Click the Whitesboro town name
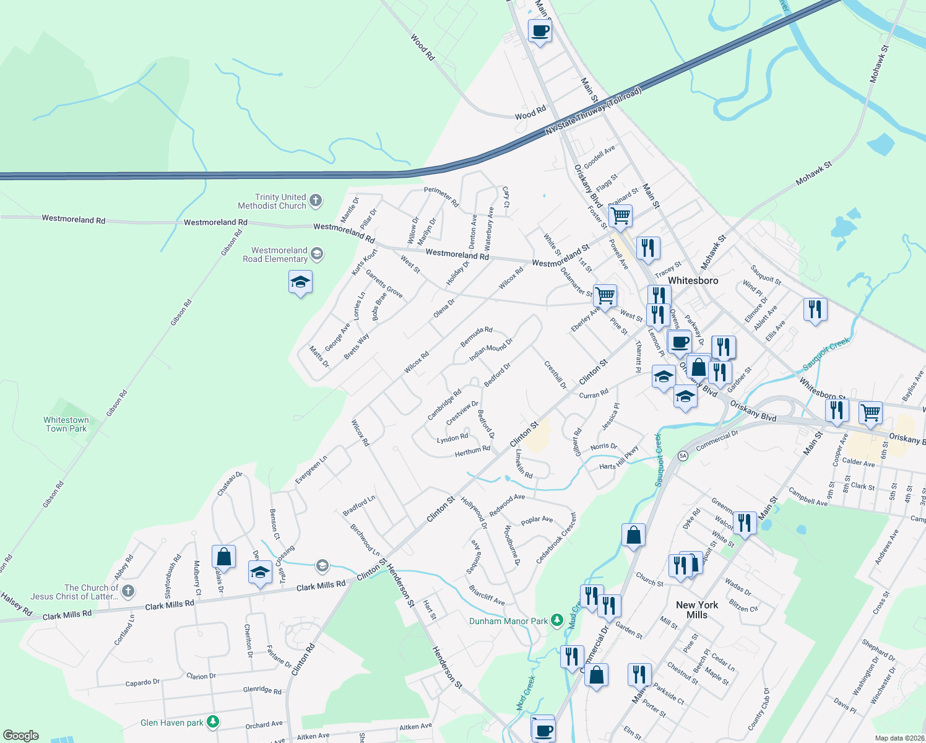[693, 280]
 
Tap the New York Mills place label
[697, 610]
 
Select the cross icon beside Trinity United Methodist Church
[316, 200]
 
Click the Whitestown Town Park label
[66, 424]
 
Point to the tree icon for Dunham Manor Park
[557, 620]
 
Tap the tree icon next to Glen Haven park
[213, 721]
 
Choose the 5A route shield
[683, 456]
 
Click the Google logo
[20, 736]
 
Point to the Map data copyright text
[899, 738]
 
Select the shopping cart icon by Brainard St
[620, 216]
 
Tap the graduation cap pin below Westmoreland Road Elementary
[300, 282]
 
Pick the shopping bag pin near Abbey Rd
[223, 557]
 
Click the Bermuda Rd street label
[477, 337]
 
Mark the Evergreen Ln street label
[311, 470]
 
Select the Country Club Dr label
[759, 709]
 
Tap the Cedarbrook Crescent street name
[556, 537]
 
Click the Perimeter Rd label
[441, 196]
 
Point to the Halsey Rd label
[17, 604]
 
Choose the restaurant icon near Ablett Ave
[815, 309]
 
